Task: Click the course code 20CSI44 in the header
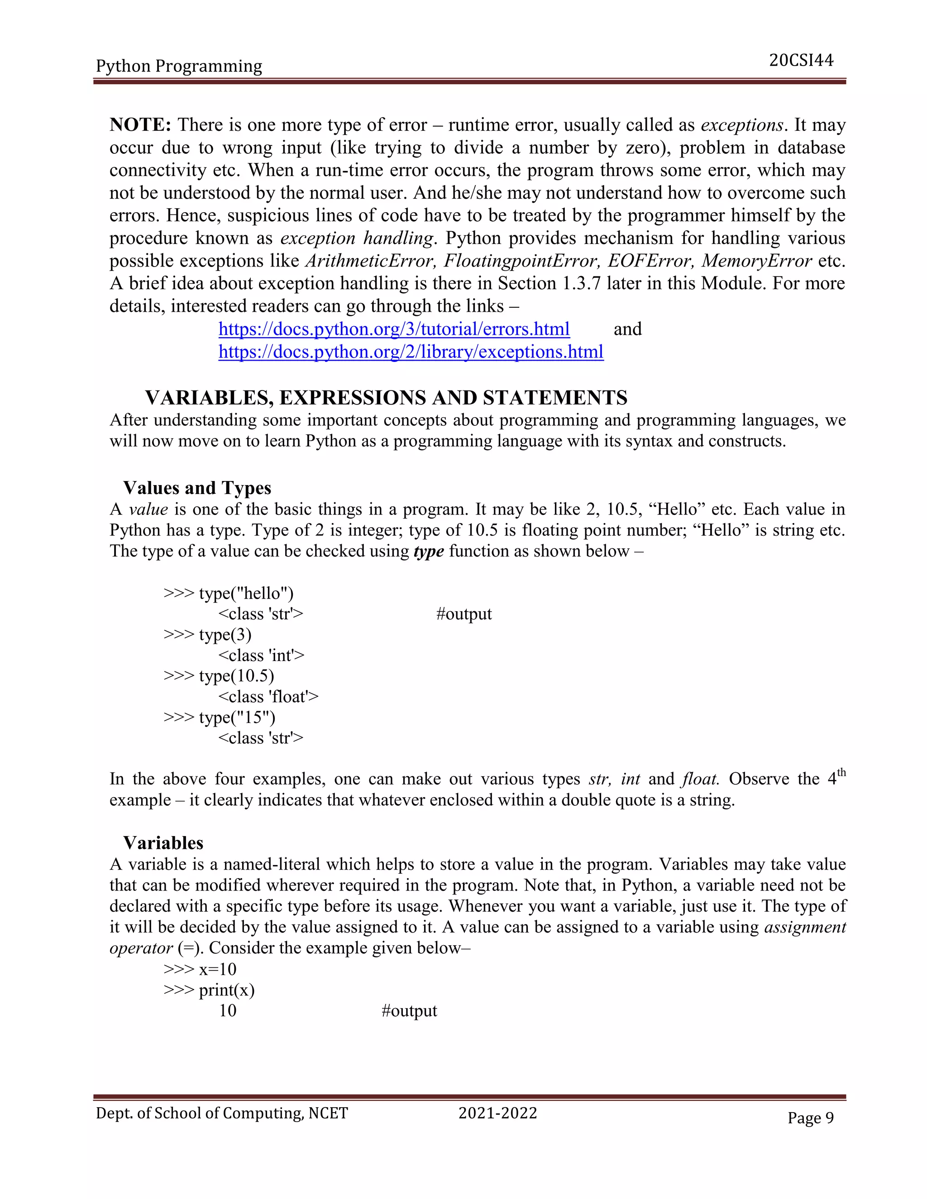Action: (801, 60)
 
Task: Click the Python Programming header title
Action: (179, 66)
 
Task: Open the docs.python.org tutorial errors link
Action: (394, 329)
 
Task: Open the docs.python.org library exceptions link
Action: (411, 352)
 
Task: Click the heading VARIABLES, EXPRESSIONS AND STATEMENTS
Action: (386, 397)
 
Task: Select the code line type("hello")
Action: (229, 594)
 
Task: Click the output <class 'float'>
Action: (268, 697)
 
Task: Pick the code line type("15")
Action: (220, 718)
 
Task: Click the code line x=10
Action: (200, 970)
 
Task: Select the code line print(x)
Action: (209, 990)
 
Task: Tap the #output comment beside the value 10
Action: (409, 1011)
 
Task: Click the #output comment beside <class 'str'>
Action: (463, 614)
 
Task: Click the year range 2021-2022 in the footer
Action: (497, 1113)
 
